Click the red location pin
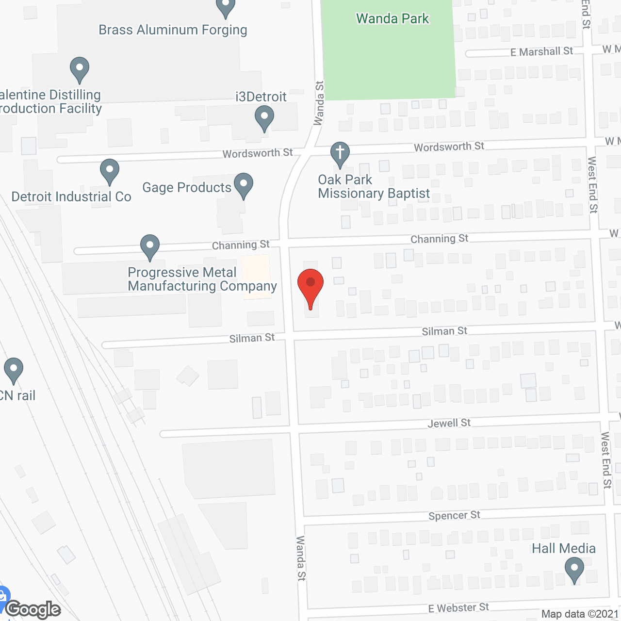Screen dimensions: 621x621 pyautogui.click(x=310, y=286)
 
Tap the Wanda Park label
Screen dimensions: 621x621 pyautogui.click(x=392, y=19)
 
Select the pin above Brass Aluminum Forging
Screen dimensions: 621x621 pyautogui.click(x=225, y=7)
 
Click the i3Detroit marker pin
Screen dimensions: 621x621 pyautogui.click(x=264, y=118)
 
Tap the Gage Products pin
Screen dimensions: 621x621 pyautogui.click(x=244, y=185)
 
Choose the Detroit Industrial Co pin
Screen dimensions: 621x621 pyautogui.click(x=110, y=171)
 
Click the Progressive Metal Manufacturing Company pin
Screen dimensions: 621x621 pyautogui.click(x=150, y=246)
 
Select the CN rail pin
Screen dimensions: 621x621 pyautogui.click(x=14, y=370)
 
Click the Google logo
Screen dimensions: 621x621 pyautogui.click(x=33, y=609)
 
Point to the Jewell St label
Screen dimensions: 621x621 pyautogui.click(x=449, y=423)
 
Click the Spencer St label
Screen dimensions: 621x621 pyautogui.click(x=454, y=515)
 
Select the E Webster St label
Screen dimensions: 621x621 pyautogui.click(x=458, y=608)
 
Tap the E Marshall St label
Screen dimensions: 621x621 pyautogui.click(x=541, y=51)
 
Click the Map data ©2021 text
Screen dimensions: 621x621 pyautogui.click(x=580, y=614)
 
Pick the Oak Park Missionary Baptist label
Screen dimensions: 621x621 pyautogui.click(x=374, y=187)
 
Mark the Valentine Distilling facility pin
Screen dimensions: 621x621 pyautogui.click(x=80, y=69)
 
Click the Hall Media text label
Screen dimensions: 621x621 pyautogui.click(x=564, y=548)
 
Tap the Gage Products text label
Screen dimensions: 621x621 pyautogui.click(x=187, y=188)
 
